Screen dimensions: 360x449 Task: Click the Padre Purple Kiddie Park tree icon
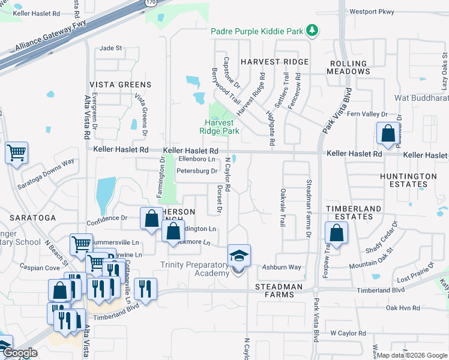click(x=312, y=30)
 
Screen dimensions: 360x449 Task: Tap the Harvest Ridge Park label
click(x=220, y=127)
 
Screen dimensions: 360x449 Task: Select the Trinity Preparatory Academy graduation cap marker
click(x=239, y=256)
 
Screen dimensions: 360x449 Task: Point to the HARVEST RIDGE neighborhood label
click(x=274, y=62)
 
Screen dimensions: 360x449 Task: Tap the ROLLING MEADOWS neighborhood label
click(x=348, y=67)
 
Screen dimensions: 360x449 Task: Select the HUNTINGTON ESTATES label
click(x=408, y=180)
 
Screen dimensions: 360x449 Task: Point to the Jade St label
click(x=110, y=48)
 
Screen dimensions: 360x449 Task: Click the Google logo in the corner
click(x=20, y=353)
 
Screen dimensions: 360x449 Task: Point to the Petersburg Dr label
click(x=196, y=171)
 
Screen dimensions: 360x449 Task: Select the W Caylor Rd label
click(x=348, y=333)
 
